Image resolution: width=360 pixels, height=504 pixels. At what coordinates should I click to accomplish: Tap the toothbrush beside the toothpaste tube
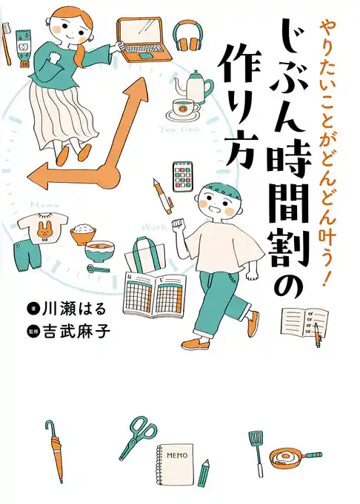(7, 44)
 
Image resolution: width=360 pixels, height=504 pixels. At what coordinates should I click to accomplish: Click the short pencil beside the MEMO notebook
(204, 471)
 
